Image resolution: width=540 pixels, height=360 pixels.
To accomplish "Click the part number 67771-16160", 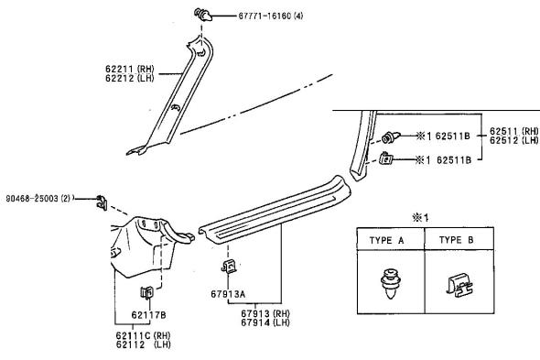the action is (x=265, y=16).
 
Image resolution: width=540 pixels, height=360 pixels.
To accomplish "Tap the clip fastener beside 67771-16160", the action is (x=203, y=15).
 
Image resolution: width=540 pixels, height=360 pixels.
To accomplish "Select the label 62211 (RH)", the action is (x=129, y=69).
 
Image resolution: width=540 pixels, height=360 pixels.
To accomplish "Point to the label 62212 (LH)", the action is (x=129, y=78).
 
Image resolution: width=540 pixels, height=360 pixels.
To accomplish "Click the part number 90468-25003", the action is (x=32, y=199).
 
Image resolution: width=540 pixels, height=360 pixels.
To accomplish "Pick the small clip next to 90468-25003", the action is (x=102, y=202).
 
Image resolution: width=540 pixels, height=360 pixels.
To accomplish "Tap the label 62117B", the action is (x=149, y=315).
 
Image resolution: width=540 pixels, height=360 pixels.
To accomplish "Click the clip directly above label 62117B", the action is (x=146, y=292).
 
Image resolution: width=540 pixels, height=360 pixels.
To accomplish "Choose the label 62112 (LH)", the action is (x=144, y=344).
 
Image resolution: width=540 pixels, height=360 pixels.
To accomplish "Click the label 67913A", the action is (x=228, y=294).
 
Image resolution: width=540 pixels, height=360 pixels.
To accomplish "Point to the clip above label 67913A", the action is (x=228, y=266).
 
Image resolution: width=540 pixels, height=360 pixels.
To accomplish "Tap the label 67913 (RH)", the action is (x=265, y=313).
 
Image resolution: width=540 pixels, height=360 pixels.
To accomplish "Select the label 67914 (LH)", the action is (x=265, y=322).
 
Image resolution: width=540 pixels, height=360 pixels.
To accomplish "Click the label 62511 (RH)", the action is (x=514, y=131).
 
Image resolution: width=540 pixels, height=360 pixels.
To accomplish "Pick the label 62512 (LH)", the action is (x=514, y=140).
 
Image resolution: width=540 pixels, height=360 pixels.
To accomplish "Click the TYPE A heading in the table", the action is (x=386, y=240).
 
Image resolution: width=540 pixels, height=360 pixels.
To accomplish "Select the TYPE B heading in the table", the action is (x=457, y=240).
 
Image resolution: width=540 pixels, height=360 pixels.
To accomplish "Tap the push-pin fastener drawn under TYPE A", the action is (x=391, y=283).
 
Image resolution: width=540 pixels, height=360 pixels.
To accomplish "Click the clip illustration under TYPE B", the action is (x=459, y=285).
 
